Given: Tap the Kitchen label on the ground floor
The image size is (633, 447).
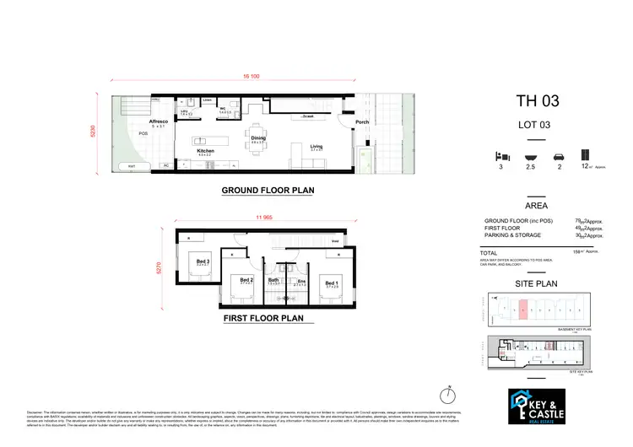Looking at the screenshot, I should coord(205,151).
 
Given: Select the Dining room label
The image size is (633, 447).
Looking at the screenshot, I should coord(258,137).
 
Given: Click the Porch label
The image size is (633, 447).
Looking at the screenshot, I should coord(362,122).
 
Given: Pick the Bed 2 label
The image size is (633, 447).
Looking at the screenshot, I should coord(246,280).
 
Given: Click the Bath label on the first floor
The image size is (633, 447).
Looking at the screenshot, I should coord(273,280).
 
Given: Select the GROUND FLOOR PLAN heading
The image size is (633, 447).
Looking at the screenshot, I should coord(268,191).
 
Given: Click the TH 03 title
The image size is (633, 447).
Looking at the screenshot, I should coord(536,102).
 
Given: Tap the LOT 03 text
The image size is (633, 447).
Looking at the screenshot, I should coord(536,127).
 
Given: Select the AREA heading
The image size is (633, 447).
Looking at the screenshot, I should coord(536,205).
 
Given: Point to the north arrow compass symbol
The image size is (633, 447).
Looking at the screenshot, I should coord(448,393).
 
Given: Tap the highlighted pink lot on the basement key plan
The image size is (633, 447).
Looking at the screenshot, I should coord(522,310).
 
